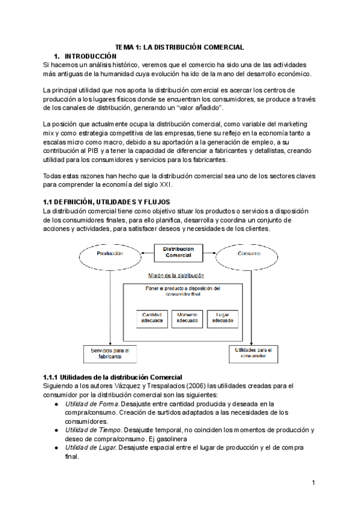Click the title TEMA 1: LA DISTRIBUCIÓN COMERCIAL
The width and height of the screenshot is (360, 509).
tap(179, 47)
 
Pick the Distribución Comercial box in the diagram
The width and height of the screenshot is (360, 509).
tap(179, 251)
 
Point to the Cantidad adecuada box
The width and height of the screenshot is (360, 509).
tap(152, 318)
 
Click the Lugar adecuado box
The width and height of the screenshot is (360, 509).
tap(222, 318)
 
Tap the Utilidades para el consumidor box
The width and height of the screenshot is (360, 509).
tap(251, 353)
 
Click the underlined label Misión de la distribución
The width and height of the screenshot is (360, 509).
tap(176, 276)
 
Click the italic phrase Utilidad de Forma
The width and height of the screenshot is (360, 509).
tap(91, 404)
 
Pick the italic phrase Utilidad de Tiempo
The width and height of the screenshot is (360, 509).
tap(93, 430)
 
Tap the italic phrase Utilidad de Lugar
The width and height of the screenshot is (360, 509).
tap(91, 448)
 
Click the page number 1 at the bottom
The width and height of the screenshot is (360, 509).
tap(314, 483)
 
